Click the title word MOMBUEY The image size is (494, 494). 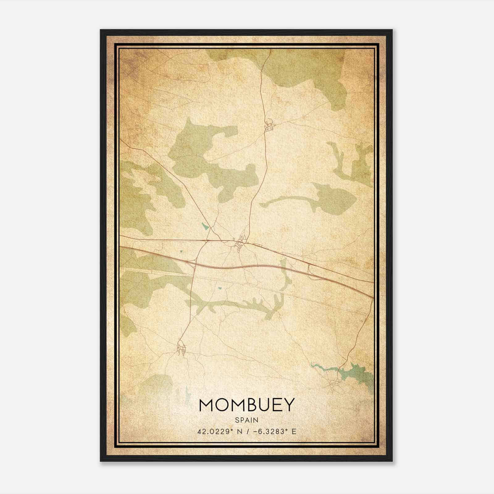coord(247,405)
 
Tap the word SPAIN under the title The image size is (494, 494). coord(247,420)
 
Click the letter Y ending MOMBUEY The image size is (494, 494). coord(287,405)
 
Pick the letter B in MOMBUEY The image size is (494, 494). coord(248,405)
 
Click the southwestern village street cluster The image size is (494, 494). coord(182,349)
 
